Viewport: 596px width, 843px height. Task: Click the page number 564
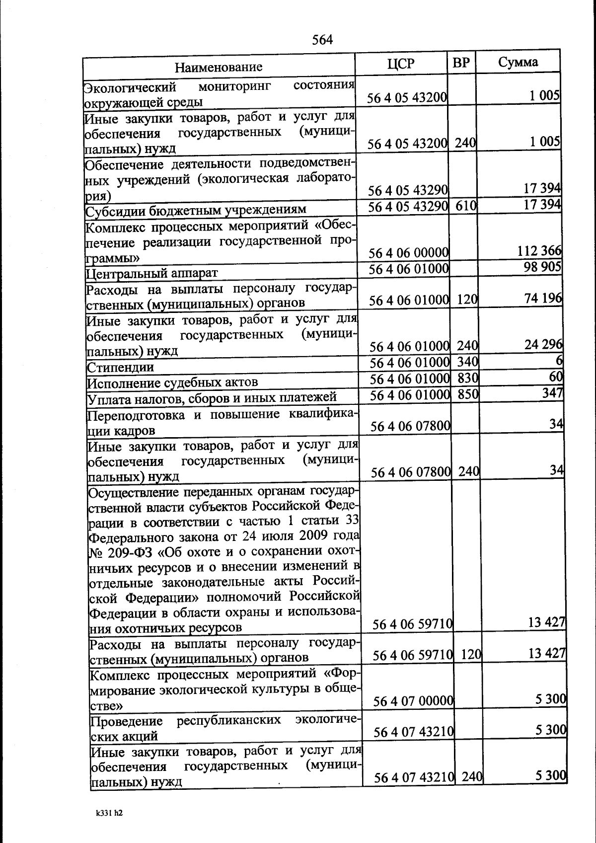click(322, 40)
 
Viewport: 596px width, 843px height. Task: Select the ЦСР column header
click(400, 64)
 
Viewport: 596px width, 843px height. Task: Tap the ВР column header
click(461, 63)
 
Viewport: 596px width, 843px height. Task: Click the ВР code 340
click(467, 362)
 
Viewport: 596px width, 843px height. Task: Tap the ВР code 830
click(467, 378)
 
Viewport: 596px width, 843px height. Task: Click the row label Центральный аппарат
click(152, 273)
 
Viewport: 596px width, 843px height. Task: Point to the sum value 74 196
click(543, 298)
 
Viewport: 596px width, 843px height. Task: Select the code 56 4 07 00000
click(414, 701)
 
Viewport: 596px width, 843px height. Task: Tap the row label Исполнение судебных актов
click(172, 383)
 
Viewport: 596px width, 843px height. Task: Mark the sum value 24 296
click(543, 344)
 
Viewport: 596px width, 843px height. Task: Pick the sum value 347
click(553, 393)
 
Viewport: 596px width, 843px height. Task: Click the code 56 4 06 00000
click(409, 253)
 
